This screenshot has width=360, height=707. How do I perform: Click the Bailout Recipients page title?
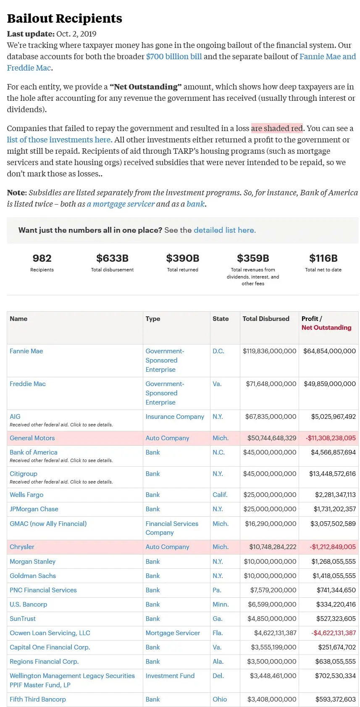[65, 18]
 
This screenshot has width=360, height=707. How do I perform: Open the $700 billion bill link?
[174, 56]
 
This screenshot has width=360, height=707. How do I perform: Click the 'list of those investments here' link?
[59, 139]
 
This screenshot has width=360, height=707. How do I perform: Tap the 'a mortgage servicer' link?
[121, 204]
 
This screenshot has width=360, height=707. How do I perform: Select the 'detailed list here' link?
[224, 230]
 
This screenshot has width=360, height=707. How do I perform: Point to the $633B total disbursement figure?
[112, 258]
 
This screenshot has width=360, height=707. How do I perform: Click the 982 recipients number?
[42, 258]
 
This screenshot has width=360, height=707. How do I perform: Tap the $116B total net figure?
[323, 258]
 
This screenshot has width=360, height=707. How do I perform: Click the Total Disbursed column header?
[266, 319]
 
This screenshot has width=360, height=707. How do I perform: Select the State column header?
[221, 319]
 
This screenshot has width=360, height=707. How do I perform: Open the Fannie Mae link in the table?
[26, 351]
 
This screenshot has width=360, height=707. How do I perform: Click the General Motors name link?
[32, 438]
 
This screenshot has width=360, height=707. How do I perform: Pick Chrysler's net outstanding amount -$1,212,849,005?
[333, 547]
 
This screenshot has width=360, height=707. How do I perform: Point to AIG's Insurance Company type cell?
[175, 417]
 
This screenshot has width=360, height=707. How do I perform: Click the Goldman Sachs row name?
[33, 576]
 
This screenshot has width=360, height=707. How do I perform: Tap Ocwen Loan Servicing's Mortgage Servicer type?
[173, 633]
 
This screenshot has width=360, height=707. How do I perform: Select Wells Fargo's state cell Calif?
[220, 495]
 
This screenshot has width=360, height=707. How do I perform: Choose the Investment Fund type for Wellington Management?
[170, 676]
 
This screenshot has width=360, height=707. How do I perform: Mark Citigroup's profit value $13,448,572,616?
[332, 474]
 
